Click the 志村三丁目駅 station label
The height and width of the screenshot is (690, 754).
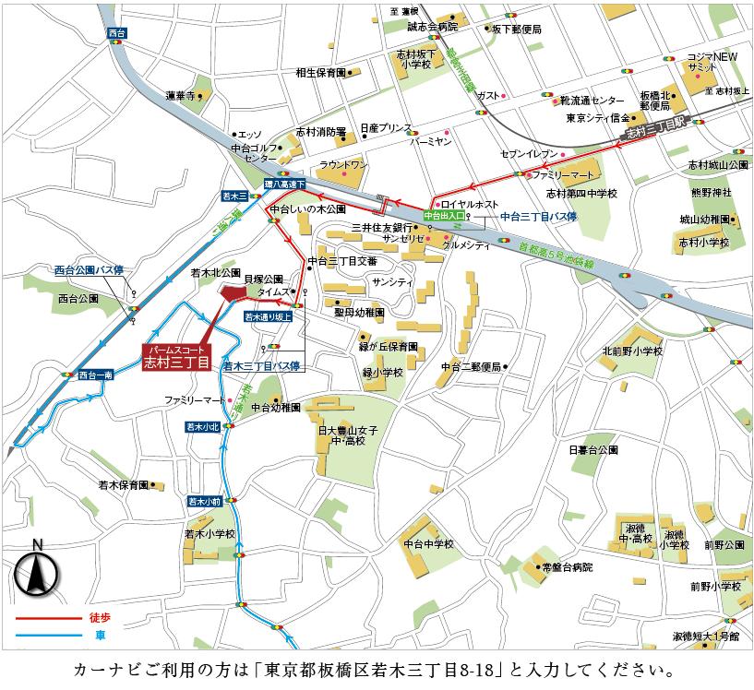click(x=658, y=131)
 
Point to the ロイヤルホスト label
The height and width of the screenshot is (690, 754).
click(x=469, y=204)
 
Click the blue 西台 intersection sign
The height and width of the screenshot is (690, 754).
click(x=116, y=32)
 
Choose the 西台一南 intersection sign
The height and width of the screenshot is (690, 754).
click(x=96, y=375)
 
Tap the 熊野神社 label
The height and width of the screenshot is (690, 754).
click(x=711, y=192)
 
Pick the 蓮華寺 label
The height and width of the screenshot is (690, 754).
click(x=181, y=96)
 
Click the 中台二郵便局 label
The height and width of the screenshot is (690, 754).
click(x=470, y=366)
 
